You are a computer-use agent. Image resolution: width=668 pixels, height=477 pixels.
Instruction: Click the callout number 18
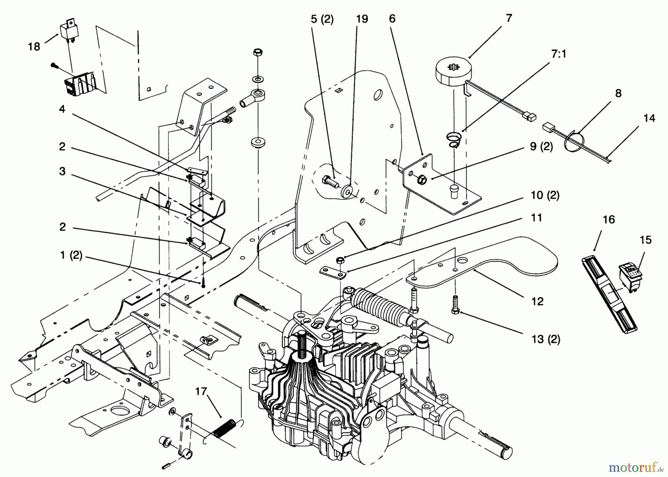[x=34, y=47]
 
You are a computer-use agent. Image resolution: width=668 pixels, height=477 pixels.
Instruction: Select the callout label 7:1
[x=558, y=55]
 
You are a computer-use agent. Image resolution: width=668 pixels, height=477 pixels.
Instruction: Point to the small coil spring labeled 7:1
[x=453, y=140]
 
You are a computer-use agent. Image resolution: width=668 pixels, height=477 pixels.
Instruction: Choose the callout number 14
[x=649, y=118]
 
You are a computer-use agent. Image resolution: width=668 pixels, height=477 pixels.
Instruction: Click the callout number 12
[x=537, y=301]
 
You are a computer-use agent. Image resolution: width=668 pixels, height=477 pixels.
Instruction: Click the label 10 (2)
[x=545, y=195]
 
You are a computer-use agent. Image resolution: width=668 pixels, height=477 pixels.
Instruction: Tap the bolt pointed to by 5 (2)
[x=330, y=183]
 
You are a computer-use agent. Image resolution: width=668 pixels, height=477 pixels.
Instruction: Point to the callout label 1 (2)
[x=71, y=256]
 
